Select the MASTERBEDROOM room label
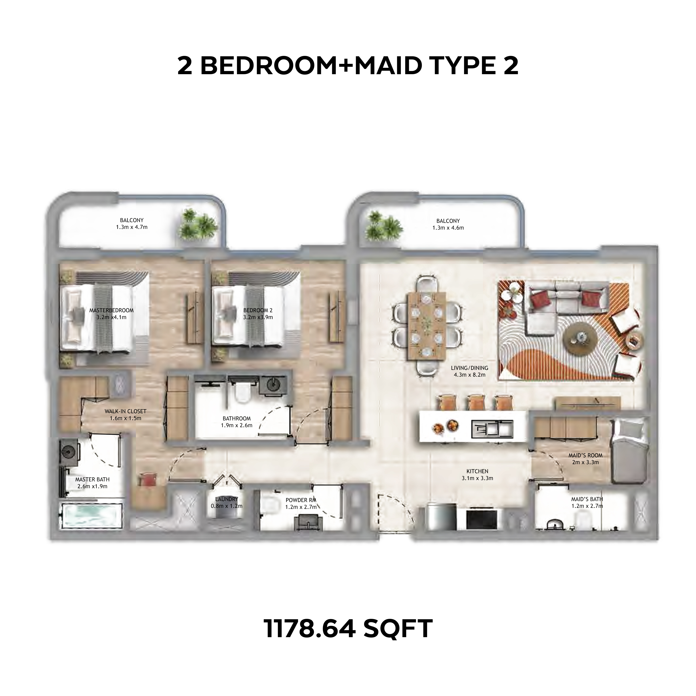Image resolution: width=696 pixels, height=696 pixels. point(111,310)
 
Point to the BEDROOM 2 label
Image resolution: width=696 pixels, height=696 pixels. point(258,310)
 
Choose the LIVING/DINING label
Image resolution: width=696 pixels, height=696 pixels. point(470,368)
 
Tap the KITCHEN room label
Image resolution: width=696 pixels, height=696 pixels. point(477,471)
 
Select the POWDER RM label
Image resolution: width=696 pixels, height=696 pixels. point(301,500)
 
